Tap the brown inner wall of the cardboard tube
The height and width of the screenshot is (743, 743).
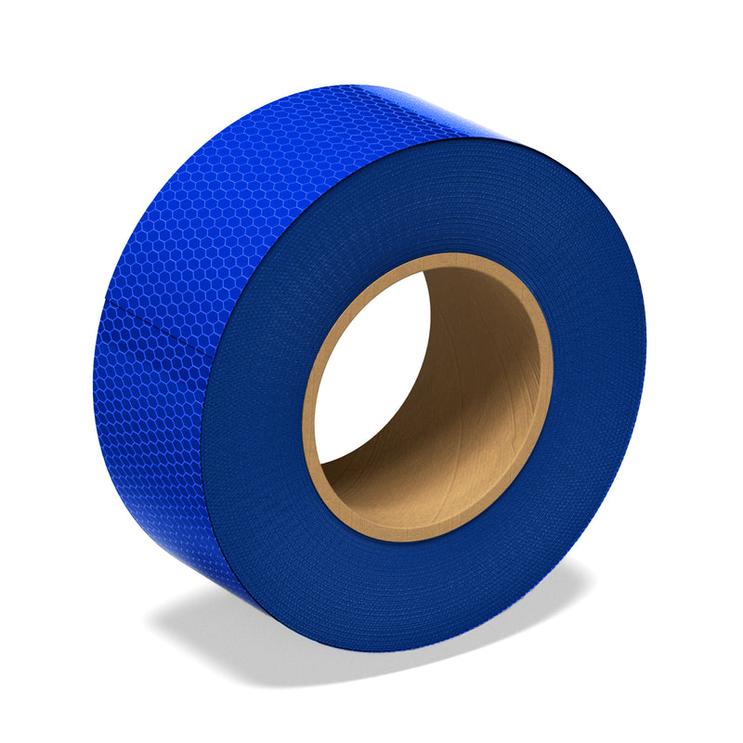coord(483,390)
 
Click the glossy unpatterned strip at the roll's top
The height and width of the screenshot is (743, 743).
coord(446,107)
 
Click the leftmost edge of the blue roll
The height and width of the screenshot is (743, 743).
coord(94,390)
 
